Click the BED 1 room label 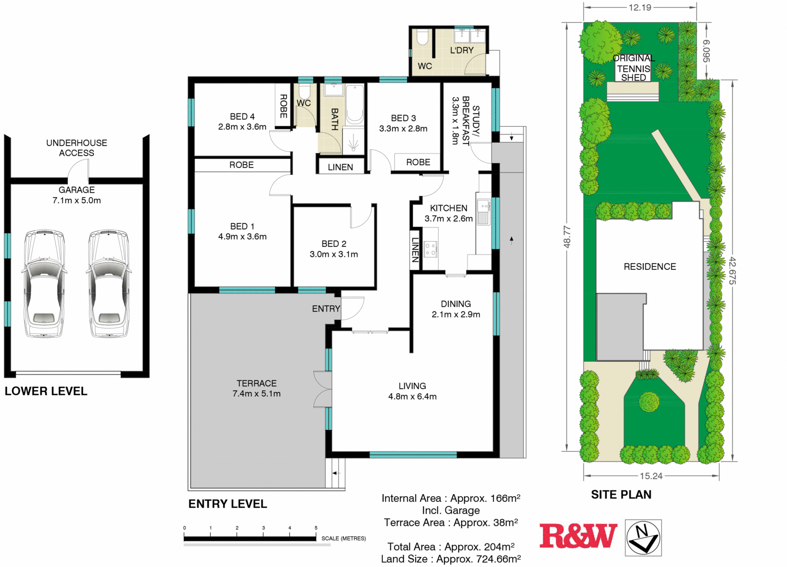(x=242, y=226)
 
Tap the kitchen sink (x=484, y=211)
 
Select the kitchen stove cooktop (x=430, y=249)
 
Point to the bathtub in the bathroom (x=355, y=104)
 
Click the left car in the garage (x=44, y=283)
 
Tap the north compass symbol (x=643, y=538)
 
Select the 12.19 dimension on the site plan (x=640, y=7)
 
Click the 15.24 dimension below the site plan (x=651, y=476)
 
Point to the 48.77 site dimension (x=567, y=237)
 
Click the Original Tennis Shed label (x=634, y=68)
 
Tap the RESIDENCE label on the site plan (x=650, y=267)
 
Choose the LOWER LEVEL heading (x=46, y=392)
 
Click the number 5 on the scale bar (x=316, y=527)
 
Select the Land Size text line (x=451, y=559)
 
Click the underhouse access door (x=78, y=169)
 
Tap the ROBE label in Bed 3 (x=418, y=162)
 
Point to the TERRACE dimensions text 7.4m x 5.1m (x=257, y=394)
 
